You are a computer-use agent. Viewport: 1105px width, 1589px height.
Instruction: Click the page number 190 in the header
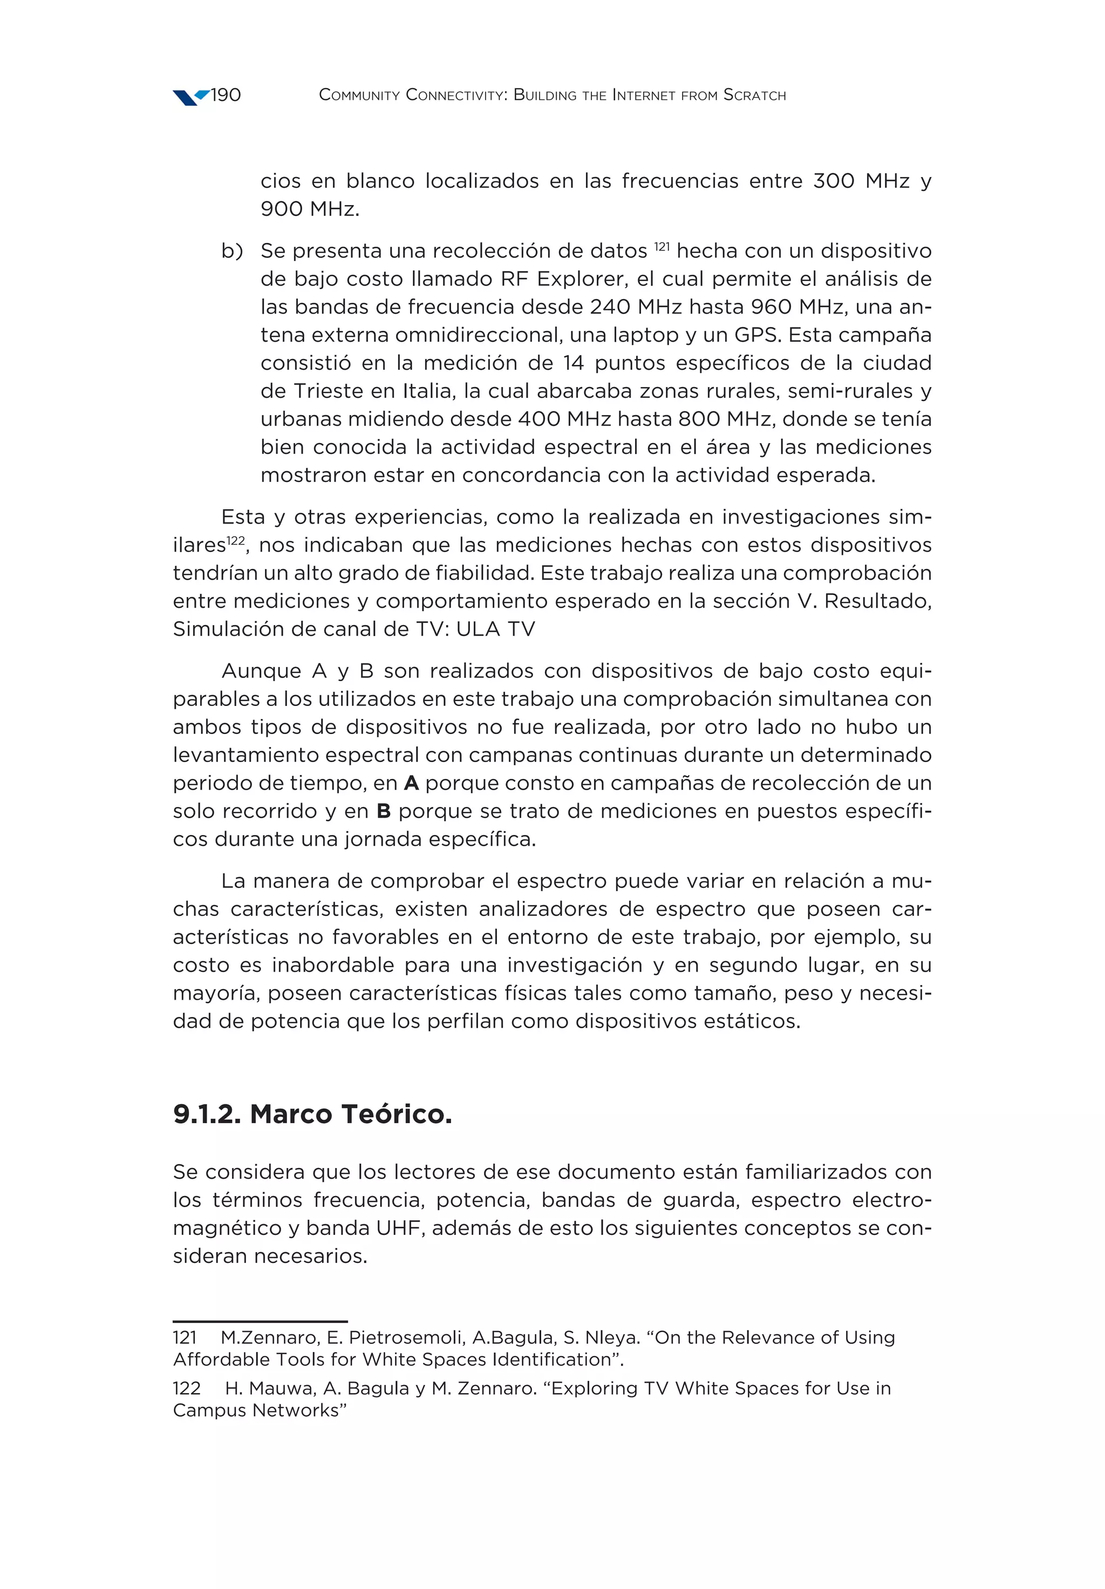point(226,96)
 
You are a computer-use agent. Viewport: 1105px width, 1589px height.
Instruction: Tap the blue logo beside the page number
point(189,97)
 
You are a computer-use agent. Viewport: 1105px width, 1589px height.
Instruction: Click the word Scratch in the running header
point(754,96)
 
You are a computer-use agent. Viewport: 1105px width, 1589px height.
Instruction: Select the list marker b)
point(232,251)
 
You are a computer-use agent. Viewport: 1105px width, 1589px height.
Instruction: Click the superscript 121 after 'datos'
point(661,246)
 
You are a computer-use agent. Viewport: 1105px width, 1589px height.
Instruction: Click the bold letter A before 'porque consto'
point(411,783)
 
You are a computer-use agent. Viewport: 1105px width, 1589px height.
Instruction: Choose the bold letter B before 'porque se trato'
point(383,811)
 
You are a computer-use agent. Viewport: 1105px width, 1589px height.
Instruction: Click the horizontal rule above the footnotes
point(260,1321)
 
